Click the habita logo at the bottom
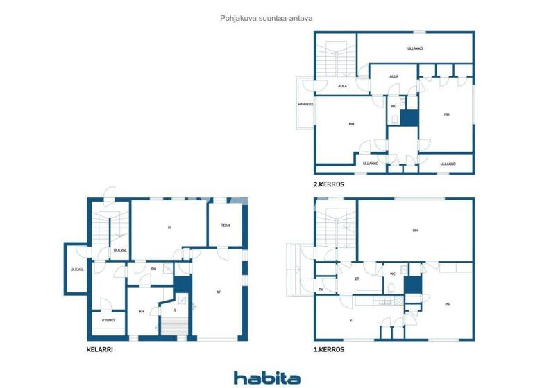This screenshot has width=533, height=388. pos(266,378)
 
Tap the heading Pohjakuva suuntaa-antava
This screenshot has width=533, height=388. pos(266,19)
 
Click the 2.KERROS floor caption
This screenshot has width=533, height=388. pos(329,185)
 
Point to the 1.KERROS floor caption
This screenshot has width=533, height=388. pos(328,350)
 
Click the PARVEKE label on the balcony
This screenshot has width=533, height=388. pos(306,104)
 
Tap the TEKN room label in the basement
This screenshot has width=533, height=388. pos(226,225)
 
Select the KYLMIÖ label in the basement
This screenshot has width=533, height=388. pos(108,321)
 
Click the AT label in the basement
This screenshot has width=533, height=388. pos(219,292)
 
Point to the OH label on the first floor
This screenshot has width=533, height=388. pos(415,231)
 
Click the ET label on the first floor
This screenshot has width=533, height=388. pos(357,279)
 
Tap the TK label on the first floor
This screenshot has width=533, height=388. pos(321,290)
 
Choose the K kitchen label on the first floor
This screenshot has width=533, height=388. pos(350,321)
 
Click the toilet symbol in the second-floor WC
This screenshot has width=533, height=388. pos(394,119)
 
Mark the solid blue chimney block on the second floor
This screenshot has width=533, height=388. pos(409,117)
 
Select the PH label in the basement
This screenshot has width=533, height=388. pos(153,270)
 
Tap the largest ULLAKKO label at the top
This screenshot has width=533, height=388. pos(415,48)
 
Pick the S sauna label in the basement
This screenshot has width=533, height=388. pos(175,310)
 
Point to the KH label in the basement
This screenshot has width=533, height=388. pos(142,312)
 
